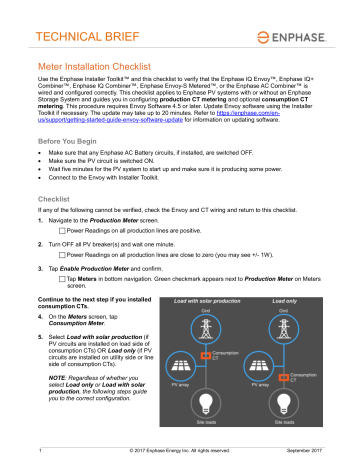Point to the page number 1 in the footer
37,456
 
